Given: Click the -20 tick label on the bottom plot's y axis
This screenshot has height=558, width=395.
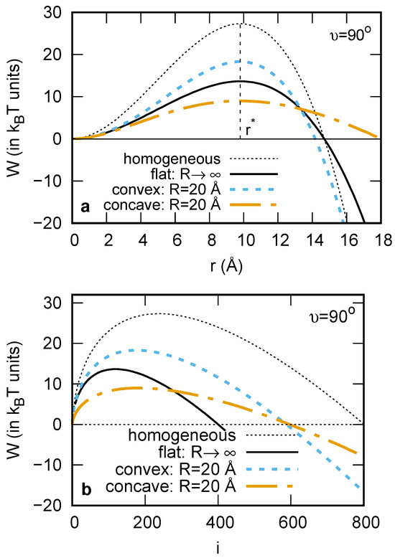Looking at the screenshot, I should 56,505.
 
